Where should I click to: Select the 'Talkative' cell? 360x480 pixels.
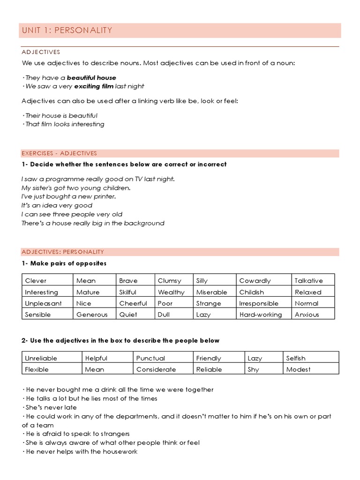(x=308, y=281)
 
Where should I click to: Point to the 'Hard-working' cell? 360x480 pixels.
(x=260, y=315)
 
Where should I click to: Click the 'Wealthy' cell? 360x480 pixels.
(x=171, y=292)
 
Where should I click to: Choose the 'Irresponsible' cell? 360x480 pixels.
(x=258, y=303)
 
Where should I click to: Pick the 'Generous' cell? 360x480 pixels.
(x=92, y=315)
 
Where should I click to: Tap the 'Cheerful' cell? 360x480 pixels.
(x=133, y=303)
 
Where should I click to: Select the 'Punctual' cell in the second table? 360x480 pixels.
(x=150, y=358)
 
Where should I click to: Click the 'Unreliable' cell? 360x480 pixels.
(x=41, y=358)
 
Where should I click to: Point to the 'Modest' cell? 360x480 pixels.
(x=298, y=369)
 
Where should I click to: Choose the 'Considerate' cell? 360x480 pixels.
(x=156, y=369)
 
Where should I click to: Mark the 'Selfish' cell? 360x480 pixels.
(x=296, y=358)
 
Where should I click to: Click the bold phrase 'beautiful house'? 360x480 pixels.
(x=91, y=77)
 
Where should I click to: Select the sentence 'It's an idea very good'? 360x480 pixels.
(x=57, y=205)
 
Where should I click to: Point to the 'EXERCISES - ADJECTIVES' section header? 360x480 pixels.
(x=59, y=153)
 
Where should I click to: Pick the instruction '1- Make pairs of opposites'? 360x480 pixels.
(x=64, y=263)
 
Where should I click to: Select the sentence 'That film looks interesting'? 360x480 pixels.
(x=63, y=124)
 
